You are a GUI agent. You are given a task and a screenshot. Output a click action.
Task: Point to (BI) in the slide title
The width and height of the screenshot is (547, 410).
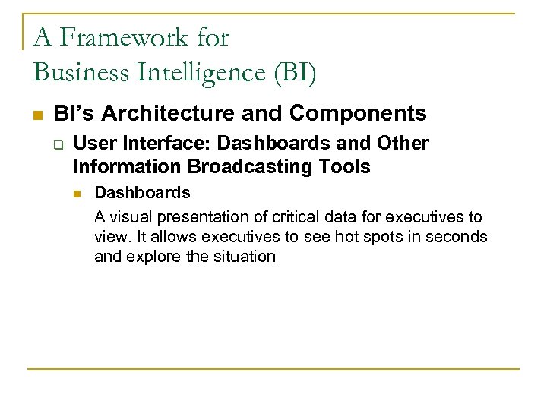(299, 72)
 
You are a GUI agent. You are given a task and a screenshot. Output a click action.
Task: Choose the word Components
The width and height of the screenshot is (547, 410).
(358, 114)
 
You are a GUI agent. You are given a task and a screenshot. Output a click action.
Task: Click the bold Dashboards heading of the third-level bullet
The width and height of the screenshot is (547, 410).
(142, 193)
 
